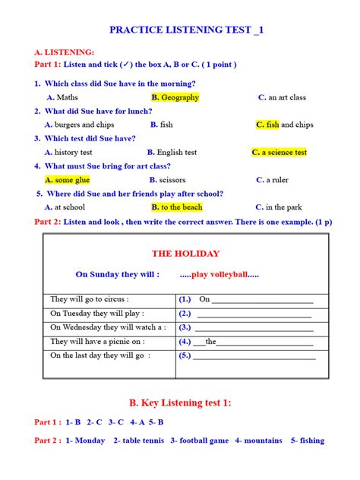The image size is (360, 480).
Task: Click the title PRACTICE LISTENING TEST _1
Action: (187, 30)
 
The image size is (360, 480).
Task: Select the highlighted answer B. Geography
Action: (175, 97)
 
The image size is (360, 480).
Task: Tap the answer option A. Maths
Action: (62, 97)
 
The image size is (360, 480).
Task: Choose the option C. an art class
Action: (282, 97)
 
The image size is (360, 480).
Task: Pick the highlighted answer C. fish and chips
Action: (285, 125)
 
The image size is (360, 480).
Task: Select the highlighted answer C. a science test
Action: (279, 153)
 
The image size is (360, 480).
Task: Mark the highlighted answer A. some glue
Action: (67, 180)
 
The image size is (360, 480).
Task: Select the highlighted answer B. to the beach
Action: (177, 207)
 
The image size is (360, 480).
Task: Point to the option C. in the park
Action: (279, 207)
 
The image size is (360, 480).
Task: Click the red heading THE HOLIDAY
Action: (185, 254)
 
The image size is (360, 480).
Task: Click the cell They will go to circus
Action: (90, 299)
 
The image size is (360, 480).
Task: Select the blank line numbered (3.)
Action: (251, 327)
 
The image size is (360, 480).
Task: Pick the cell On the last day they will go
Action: (101, 355)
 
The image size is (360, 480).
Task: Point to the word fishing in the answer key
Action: (312, 441)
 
